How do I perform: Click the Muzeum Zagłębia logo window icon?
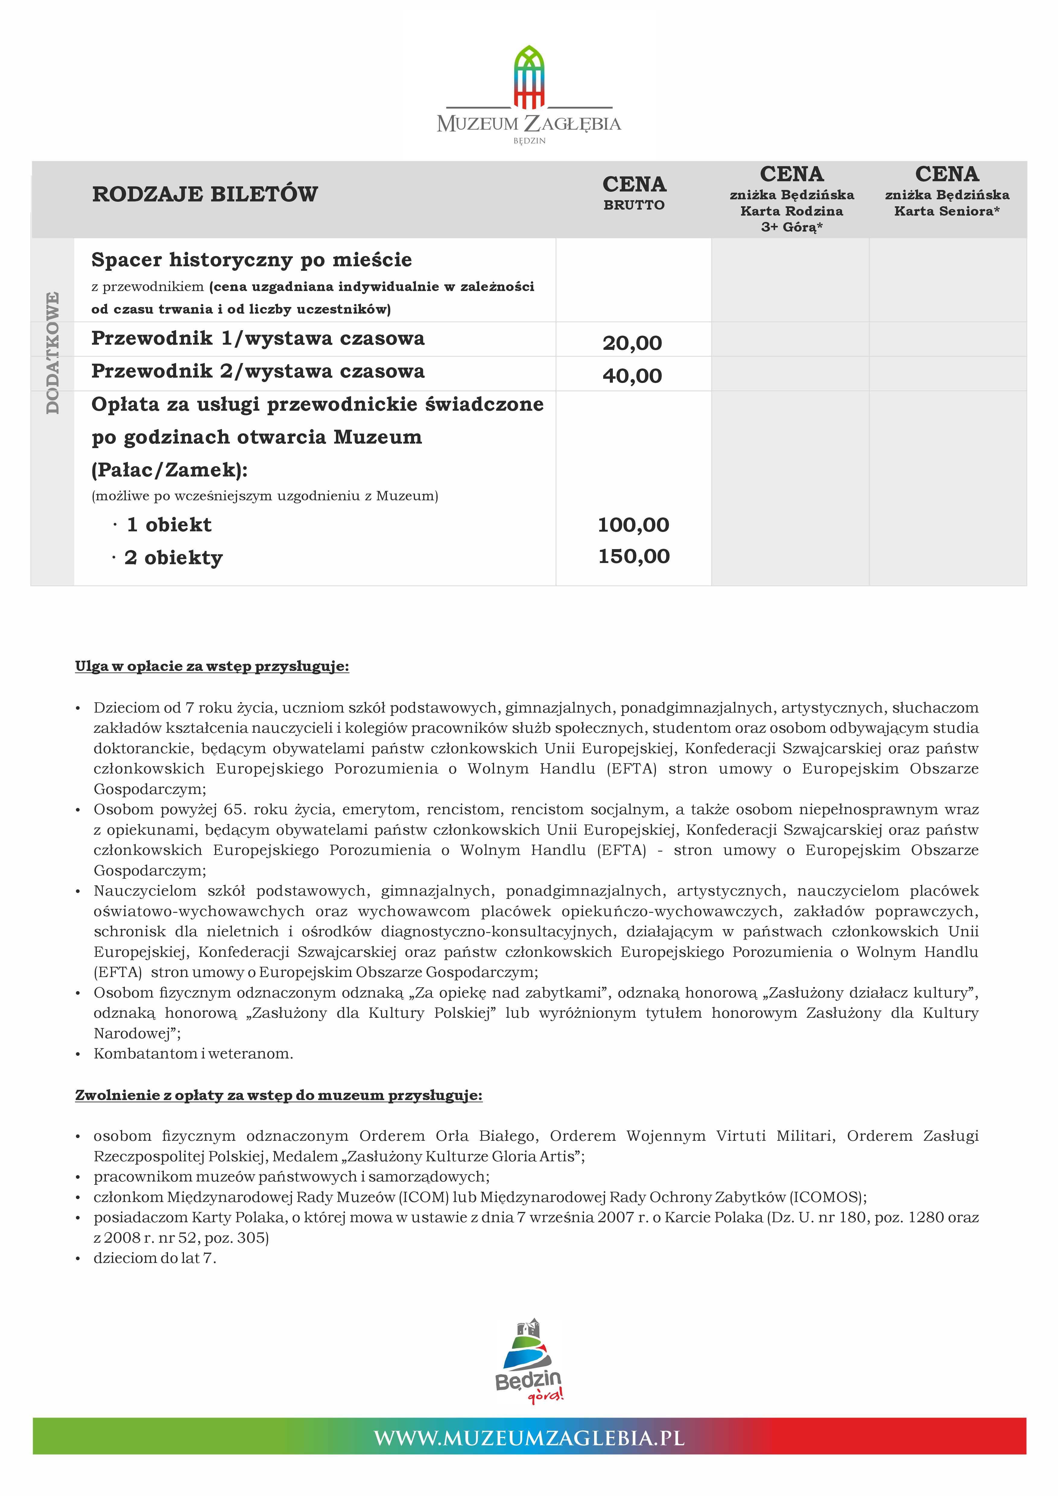(529, 77)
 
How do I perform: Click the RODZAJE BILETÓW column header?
(205, 194)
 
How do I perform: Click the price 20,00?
(632, 343)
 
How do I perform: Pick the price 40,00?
(632, 376)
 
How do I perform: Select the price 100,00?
(633, 524)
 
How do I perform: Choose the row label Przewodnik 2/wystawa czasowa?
(258, 372)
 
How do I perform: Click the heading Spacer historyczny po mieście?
(252, 260)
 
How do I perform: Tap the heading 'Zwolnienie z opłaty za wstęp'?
(279, 1095)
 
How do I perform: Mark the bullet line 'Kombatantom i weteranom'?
(194, 1054)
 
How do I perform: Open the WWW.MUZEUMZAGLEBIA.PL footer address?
(529, 1438)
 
